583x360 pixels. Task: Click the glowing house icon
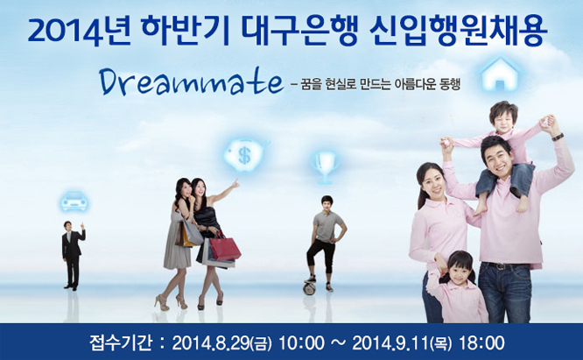tap(500, 74)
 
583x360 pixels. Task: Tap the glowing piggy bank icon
tap(245, 155)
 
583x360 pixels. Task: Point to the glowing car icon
tap(74, 201)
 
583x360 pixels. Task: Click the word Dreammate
tap(192, 82)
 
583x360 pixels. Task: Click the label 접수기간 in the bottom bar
tap(120, 342)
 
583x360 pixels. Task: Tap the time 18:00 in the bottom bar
tap(481, 342)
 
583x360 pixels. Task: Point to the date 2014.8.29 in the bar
tap(211, 343)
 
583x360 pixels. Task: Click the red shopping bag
tap(225, 247)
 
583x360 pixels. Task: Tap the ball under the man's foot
tap(309, 288)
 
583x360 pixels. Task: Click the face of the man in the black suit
tap(68, 227)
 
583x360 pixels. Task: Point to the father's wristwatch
tap(558, 137)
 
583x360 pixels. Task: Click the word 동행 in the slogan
tap(450, 84)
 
